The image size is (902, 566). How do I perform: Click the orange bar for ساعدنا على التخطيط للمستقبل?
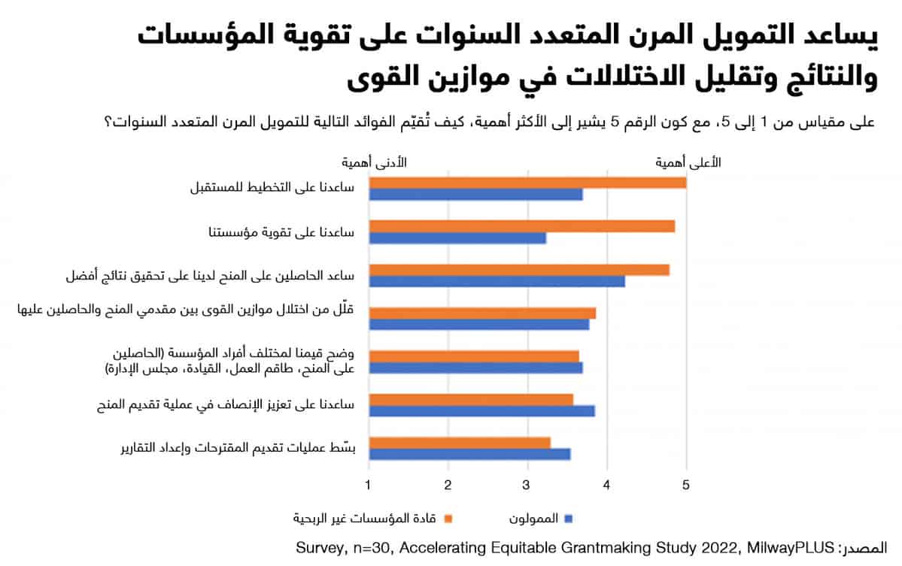tap(527, 183)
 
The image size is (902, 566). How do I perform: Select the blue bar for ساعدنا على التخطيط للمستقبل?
tap(475, 195)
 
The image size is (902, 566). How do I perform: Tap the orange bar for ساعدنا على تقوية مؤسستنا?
tap(521, 226)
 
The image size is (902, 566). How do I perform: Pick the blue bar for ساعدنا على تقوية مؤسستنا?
tap(457, 238)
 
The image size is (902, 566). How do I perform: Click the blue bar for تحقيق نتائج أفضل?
tap(497, 281)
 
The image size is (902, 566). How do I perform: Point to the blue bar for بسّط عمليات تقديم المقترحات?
tap(469, 454)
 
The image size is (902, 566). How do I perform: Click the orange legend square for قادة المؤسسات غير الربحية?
tap(448, 519)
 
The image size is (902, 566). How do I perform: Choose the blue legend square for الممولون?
tap(569, 519)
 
